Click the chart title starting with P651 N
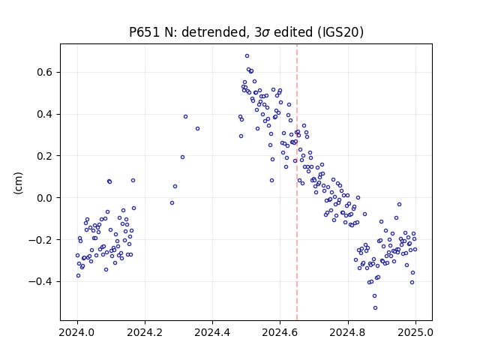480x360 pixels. coord(246,32)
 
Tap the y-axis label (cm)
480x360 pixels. coord(18,183)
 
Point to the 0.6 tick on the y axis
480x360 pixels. coord(45,73)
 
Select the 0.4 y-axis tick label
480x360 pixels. coord(45,114)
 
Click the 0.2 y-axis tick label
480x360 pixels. coord(45,156)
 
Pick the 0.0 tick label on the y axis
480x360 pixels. coord(45,198)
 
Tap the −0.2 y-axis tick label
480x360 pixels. coord(40,240)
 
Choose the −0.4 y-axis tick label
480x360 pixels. coord(40,281)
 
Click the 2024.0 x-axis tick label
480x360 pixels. coord(77,332)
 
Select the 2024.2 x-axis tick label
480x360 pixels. coord(145,332)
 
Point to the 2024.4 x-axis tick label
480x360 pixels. coord(212,332)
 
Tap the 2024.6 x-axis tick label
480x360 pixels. coord(280,332)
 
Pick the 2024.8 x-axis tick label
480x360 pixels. coord(348,332)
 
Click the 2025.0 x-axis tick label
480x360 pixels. coord(415,332)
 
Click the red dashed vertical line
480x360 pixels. coord(297,182)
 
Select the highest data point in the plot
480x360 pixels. coord(247,56)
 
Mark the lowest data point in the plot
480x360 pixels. coord(375,308)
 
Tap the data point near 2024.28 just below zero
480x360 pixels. coord(172,203)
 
